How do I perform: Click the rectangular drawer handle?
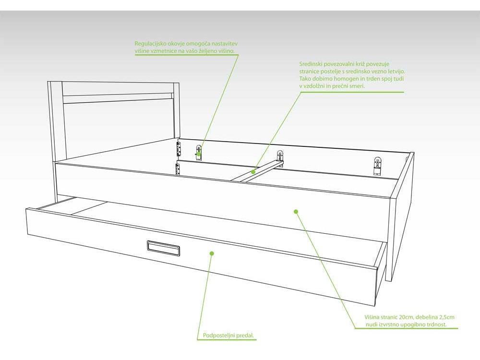[x=163, y=248]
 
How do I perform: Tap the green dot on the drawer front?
[x=212, y=253]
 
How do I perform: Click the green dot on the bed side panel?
[x=296, y=211]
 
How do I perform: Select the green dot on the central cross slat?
[x=253, y=172]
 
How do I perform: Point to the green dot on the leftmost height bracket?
[x=199, y=154]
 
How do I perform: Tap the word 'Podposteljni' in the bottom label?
[x=217, y=336]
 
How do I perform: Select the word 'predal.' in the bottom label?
[x=244, y=336]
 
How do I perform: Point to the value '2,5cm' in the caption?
[x=446, y=317]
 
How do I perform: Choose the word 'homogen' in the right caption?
[x=348, y=79]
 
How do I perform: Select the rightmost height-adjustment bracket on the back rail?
[x=378, y=166]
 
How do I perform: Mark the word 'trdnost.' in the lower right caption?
[x=436, y=324]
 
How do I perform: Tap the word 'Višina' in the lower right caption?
[x=372, y=317]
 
